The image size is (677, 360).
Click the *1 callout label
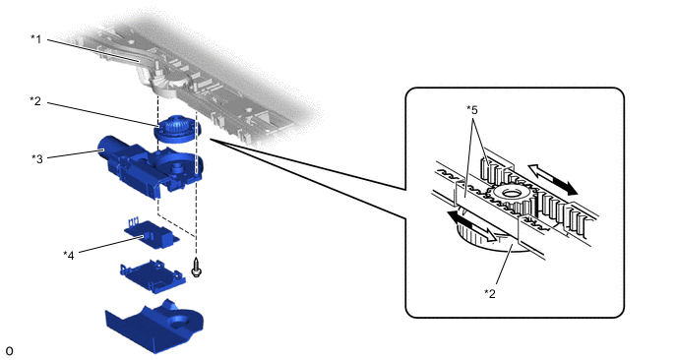35,39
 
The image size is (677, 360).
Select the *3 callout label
37,158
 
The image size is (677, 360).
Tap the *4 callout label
69,256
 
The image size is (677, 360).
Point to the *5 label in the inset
472,110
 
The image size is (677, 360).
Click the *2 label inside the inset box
490,293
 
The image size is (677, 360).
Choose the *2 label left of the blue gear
35,101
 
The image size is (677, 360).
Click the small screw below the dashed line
197,269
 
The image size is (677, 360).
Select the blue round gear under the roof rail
177,129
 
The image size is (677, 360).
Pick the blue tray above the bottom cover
153,276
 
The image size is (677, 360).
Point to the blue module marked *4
152,233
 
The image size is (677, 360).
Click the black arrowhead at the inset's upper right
569,187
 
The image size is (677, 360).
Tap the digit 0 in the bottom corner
9,351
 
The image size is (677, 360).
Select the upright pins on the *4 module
134,222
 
